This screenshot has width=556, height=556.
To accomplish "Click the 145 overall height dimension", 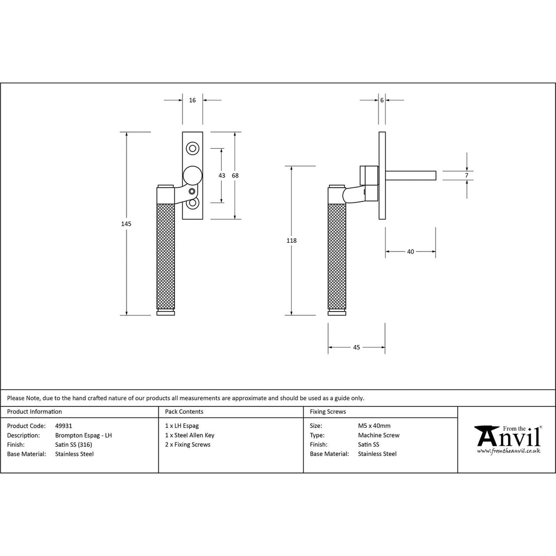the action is click(x=126, y=224).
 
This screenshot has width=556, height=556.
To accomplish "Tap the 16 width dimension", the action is click(x=192, y=100).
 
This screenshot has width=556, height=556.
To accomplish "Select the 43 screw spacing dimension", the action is click(x=222, y=175).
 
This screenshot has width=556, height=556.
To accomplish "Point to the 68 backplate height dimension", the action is click(x=235, y=175).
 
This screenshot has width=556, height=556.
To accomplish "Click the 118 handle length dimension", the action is click(x=292, y=241).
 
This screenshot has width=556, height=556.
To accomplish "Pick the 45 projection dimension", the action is click(x=356, y=347).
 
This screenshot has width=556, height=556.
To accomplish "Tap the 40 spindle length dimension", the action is click(x=410, y=252).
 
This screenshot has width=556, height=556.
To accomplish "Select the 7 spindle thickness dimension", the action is click(x=466, y=175).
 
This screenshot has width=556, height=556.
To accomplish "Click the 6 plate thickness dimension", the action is click(x=382, y=100).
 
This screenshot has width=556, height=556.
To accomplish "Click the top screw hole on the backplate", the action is click(x=193, y=148).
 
